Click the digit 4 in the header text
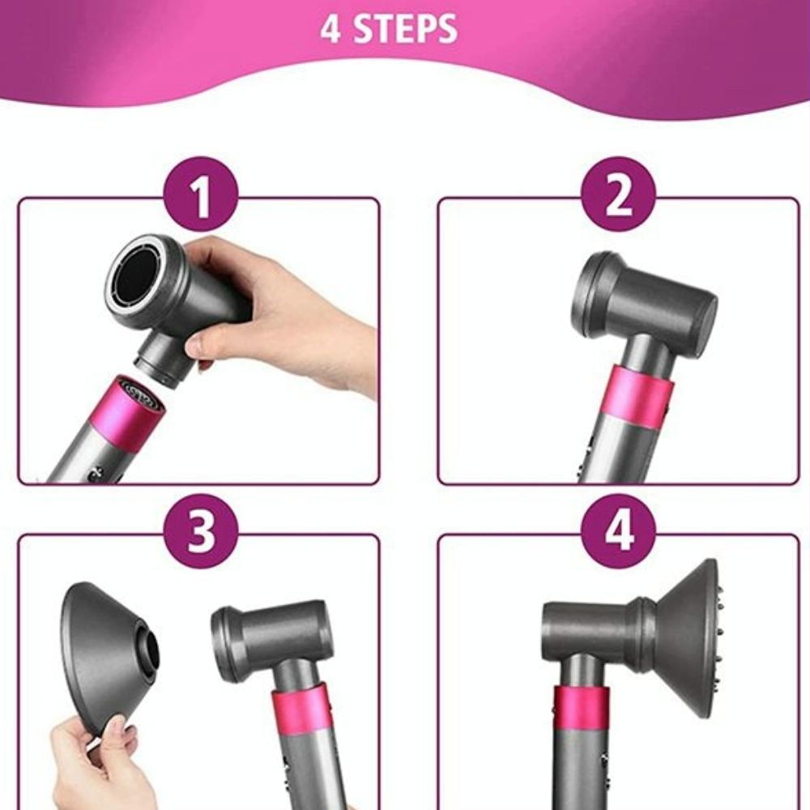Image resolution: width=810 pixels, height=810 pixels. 330,29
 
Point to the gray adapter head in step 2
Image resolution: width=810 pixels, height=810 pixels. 644,304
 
